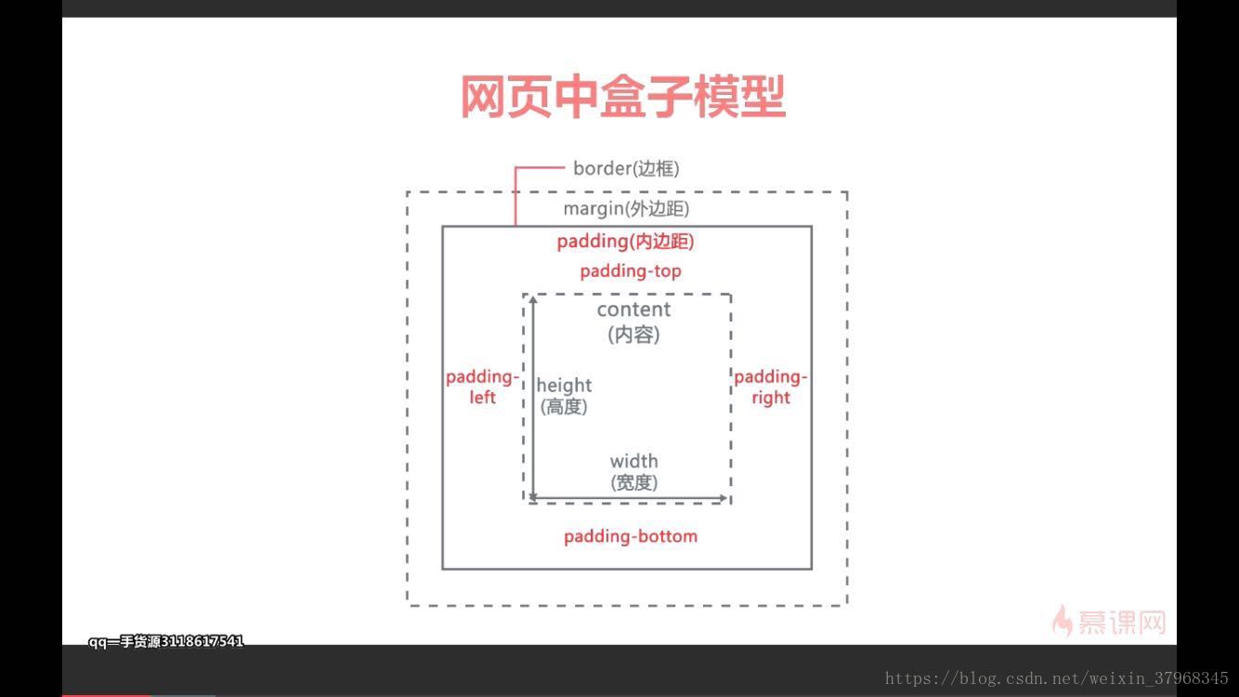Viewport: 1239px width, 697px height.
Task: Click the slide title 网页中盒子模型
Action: point(623,97)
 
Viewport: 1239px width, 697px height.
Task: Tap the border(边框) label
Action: point(626,168)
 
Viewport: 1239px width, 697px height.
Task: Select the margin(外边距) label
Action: point(626,209)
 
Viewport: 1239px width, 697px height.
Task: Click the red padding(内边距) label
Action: point(625,242)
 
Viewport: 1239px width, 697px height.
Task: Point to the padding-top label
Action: point(631,271)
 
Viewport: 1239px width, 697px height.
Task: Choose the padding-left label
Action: point(482,387)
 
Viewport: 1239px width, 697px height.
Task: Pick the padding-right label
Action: point(770,387)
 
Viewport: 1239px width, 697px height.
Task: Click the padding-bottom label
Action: point(630,536)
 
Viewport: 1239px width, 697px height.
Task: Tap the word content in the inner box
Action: point(633,309)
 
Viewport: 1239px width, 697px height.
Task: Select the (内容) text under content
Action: point(633,335)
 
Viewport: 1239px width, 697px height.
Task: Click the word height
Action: point(564,385)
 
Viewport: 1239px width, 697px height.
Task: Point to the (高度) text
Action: point(564,407)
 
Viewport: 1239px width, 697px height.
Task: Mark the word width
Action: point(633,461)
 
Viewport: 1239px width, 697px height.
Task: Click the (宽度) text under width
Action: point(633,483)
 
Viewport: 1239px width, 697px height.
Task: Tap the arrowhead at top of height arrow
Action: point(533,299)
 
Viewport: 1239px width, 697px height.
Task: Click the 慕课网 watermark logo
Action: point(1109,621)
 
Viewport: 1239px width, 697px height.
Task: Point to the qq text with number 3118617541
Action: point(166,641)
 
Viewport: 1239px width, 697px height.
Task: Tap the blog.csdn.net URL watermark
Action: point(1056,678)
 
